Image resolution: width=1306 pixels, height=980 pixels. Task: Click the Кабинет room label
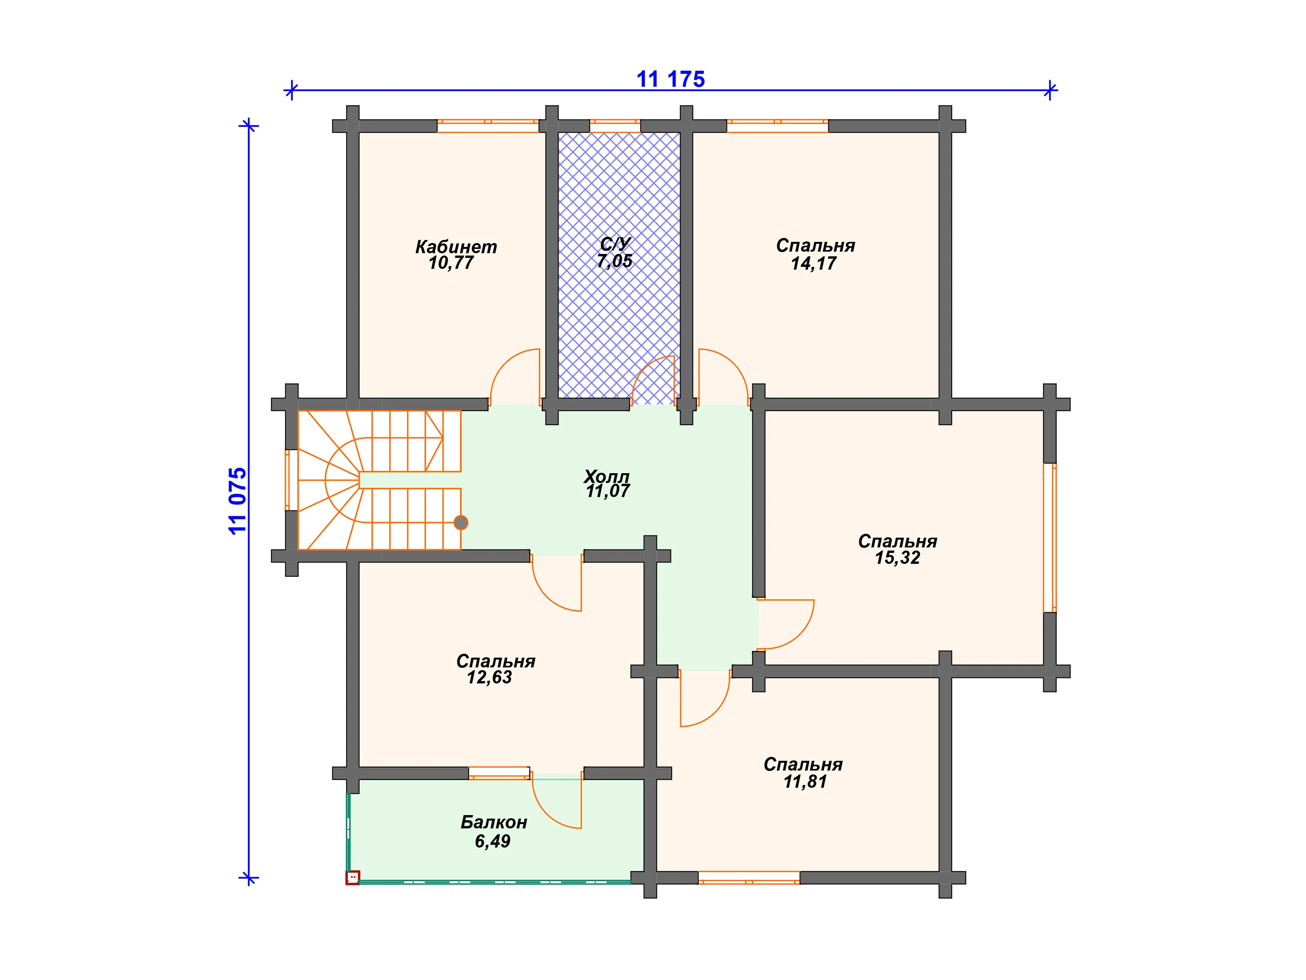coord(456,246)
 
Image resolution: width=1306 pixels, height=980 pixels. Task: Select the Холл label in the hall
coord(607,476)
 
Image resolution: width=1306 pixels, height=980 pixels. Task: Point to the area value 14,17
coord(814,263)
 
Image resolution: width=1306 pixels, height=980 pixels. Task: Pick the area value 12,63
coord(489,678)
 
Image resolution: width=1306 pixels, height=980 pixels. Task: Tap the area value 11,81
coord(805,782)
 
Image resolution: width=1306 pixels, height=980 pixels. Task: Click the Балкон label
coord(494,822)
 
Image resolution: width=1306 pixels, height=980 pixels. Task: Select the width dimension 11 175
coord(670,79)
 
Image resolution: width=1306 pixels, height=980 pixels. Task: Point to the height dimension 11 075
coord(237,501)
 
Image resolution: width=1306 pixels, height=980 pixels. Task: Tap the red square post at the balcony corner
coord(353,878)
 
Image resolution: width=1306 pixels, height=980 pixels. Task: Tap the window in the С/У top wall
coord(615,126)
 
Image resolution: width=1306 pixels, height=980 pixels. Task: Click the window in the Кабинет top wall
coord(488,126)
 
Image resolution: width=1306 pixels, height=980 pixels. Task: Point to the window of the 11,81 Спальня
coord(749,877)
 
